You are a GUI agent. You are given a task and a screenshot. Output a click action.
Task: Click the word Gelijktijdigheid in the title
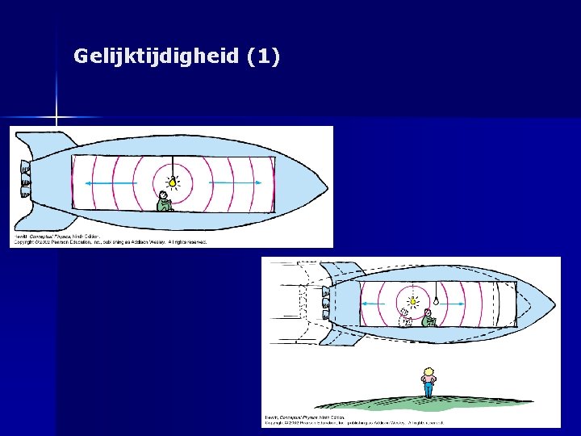coord(157,57)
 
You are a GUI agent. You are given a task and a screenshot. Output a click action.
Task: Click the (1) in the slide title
coord(264,57)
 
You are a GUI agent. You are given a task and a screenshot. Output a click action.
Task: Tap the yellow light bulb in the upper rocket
coord(172,182)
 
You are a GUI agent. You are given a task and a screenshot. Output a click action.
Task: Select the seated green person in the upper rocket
coord(164,202)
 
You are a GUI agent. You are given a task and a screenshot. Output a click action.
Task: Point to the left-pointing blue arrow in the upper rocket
coord(101,184)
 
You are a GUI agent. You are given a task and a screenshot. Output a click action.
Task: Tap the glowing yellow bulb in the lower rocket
coord(412,302)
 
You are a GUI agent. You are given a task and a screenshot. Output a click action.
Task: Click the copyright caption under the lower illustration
coord(355,421)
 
